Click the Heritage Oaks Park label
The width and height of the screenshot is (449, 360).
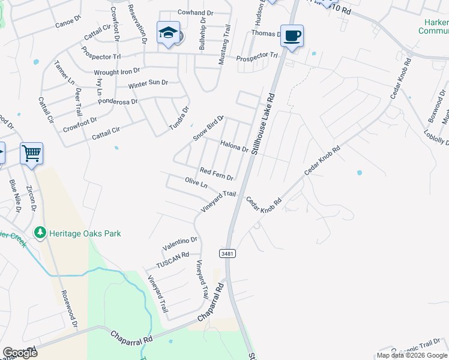[85, 233]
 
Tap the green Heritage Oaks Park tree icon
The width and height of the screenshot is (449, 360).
[40, 232]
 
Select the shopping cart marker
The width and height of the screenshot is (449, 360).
[31, 154]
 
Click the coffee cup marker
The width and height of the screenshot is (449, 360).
[292, 35]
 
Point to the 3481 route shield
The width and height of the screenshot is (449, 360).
[227, 253]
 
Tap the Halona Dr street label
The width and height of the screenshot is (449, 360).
[234, 146]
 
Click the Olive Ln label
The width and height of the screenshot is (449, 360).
[196, 182]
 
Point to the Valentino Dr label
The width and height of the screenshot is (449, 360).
[179, 244]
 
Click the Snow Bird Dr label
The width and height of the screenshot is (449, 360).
[208, 128]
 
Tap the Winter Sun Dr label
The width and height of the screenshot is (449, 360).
[148, 83]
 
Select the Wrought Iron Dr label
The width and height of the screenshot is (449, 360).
[117, 71]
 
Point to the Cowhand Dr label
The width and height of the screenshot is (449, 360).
[196, 13]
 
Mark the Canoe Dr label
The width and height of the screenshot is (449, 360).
[67, 21]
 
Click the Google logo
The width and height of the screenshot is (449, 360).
[20, 352]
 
